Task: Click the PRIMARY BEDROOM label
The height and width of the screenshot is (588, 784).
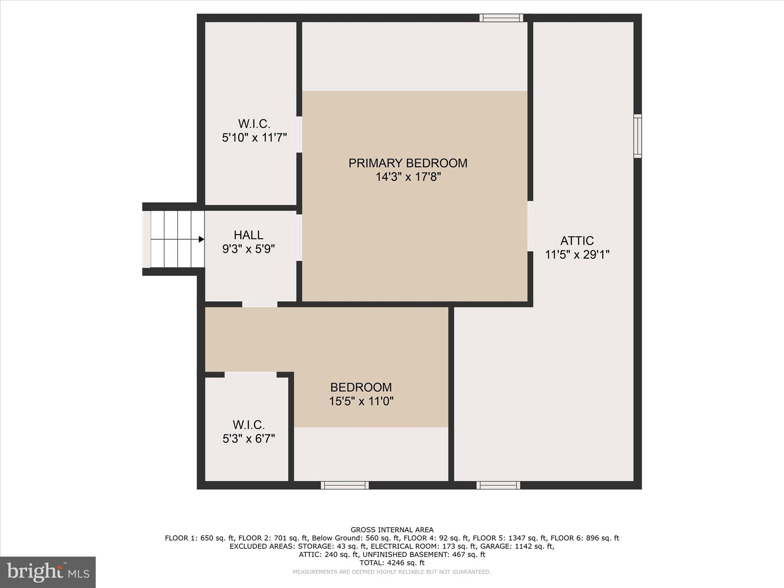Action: [x=408, y=163]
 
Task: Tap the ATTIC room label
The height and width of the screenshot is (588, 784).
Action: [x=577, y=241]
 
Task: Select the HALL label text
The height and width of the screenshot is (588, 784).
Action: [x=248, y=235]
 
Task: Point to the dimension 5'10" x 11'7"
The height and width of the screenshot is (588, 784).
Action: [x=254, y=138]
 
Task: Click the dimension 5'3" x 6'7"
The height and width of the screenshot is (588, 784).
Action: [x=249, y=439]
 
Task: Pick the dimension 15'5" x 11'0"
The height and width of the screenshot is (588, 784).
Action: [x=361, y=401]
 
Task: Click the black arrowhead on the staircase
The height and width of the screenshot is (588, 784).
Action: [x=201, y=239]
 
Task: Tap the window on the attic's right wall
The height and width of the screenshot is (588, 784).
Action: [x=637, y=136]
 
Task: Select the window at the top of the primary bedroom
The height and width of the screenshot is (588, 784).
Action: [x=501, y=18]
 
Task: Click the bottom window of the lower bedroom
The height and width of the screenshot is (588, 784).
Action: [x=345, y=485]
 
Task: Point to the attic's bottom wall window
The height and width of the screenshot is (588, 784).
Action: [x=498, y=485]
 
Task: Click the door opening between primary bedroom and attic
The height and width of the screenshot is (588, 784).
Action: [x=530, y=226]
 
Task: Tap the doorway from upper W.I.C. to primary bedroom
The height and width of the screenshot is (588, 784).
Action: [x=299, y=135]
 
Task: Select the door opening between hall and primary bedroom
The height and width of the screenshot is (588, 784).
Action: [x=299, y=238]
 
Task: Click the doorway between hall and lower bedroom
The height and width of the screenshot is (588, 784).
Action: [x=260, y=304]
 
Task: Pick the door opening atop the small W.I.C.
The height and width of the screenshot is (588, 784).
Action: [x=250, y=375]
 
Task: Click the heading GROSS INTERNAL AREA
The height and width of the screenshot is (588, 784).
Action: [x=392, y=530]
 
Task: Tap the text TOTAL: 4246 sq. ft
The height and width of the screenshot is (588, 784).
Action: [x=392, y=563]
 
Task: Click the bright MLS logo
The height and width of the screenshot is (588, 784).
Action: [x=48, y=572]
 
